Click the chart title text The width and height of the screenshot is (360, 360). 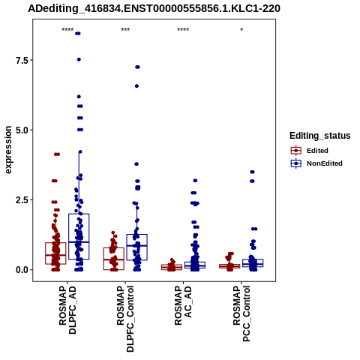click(154, 8)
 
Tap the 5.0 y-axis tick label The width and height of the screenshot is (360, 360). click(21, 130)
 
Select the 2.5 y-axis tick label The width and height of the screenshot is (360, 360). click(21, 200)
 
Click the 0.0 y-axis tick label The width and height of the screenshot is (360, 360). click(21, 270)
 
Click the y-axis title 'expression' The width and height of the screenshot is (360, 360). click(8, 150)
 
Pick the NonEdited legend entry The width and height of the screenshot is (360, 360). click(316, 163)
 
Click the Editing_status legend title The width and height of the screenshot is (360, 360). click(320, 136)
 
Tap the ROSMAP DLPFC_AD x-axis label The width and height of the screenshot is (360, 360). click(67, 310)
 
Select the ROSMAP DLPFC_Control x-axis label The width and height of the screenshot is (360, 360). click(125, 319)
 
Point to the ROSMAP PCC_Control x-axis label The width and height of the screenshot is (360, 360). click(241, 313)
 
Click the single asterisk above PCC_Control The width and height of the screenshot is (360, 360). click(241, 30)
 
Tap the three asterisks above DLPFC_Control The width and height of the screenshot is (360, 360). click(125, 30)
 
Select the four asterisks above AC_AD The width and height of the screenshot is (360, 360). click(183, 30)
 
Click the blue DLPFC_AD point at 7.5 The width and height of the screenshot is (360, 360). click(79, 59)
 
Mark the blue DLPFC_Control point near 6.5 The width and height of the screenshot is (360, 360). click(136, 86)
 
